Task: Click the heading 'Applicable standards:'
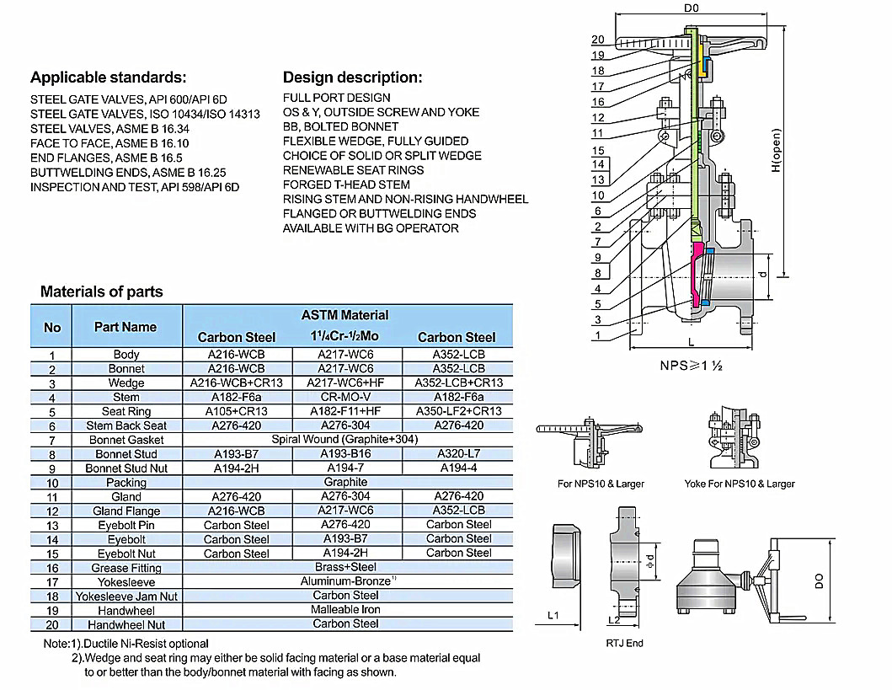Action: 108,78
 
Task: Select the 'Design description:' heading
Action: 352,78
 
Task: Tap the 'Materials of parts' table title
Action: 102,292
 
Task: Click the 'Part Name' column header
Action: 126,327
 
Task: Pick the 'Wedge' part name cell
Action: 126,382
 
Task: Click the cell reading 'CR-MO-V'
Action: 345,397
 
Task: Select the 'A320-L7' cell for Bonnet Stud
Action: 458,454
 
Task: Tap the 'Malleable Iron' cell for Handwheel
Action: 345,609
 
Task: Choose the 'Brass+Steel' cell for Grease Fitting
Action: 345,567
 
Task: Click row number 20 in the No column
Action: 52,625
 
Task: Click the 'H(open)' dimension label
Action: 776,152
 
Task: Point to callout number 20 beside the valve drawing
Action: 598,40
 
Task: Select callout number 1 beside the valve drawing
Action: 597,335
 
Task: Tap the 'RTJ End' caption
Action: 624,643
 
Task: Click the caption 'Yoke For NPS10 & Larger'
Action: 740,484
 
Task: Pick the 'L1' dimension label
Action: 553,615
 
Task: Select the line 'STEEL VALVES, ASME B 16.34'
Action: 109,129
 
